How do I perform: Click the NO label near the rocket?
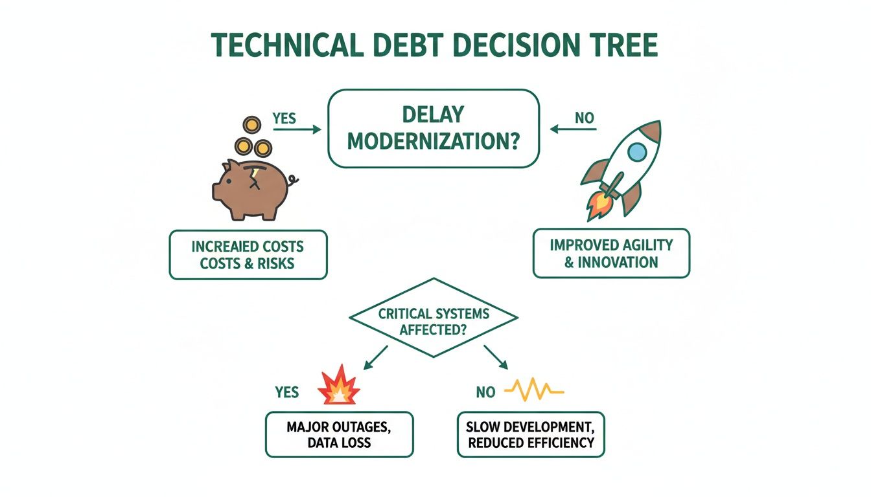(x=583, y=119)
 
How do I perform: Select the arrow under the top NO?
(x=573, y=129)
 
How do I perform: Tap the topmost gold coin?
(x=250, y=125)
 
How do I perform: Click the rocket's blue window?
(x=638, y=152)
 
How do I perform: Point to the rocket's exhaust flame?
(x=598, y=206)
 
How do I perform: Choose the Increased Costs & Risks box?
(x=248, y=255)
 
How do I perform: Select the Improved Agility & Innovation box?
(x=611, y=253)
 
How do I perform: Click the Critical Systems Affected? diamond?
(x=434, y=317)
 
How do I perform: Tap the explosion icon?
(x=339, y=388)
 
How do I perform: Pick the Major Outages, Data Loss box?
(x=339, y=434)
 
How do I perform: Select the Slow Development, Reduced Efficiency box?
(x=530, y=434)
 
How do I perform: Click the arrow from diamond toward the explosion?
(x=376, y=357)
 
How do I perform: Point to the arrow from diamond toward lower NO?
(x=495, y=357)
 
